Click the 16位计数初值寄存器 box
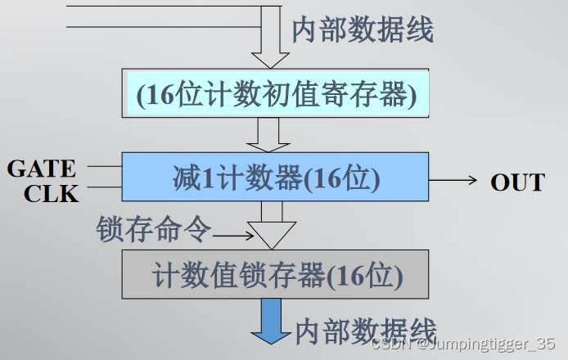point(276,96)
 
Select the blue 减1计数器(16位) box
point(276,178)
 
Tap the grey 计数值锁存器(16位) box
point(276,275)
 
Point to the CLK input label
point(51,193)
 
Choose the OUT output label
point(517,182)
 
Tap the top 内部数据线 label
point(363,29)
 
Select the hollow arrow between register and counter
point(266,135)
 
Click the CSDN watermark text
point(463,344)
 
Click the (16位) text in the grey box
point(364,276)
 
